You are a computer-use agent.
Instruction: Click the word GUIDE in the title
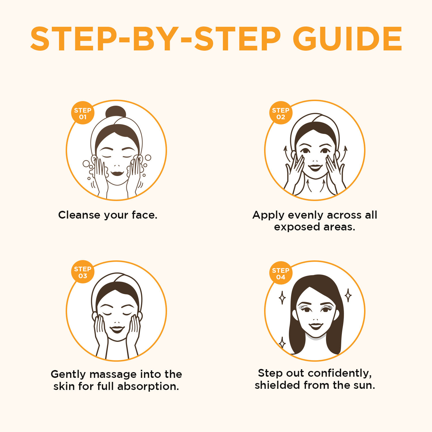347,39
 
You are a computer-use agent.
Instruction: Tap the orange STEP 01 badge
83,113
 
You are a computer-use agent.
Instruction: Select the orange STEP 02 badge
281,113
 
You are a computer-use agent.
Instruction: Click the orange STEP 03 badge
83,272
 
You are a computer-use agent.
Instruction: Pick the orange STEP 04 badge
281,273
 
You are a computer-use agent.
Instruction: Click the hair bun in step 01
115,112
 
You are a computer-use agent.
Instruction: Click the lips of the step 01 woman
117,173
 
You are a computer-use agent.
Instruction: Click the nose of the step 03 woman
117,322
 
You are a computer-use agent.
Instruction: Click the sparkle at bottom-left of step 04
283,342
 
